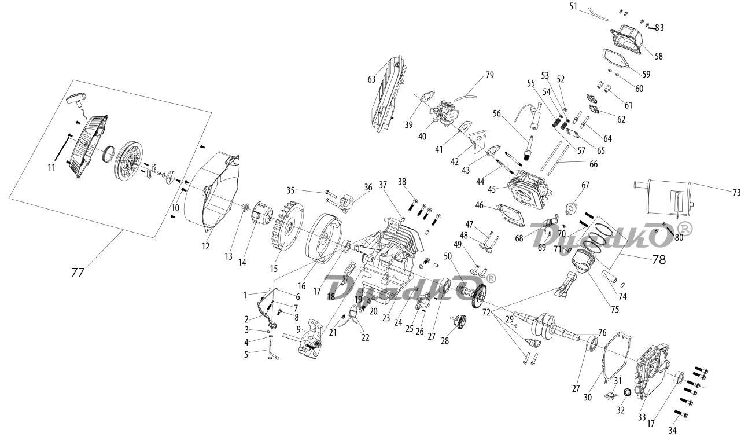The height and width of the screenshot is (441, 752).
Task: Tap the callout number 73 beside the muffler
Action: [736, 193]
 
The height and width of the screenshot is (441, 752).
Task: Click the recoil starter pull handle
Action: [76, 100]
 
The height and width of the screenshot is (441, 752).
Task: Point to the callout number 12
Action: [205, 246]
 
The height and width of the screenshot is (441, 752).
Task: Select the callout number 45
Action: [492, 189]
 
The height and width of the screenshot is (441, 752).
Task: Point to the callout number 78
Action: [659, 259]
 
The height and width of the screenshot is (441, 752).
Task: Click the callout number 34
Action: [672, 430]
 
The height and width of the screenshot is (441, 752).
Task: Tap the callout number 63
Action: [371, 80]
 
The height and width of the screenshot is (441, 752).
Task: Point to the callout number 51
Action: [573, 6]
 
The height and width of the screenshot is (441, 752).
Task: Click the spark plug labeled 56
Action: [528, 147]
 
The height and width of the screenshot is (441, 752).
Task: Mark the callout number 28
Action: [445, 341]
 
